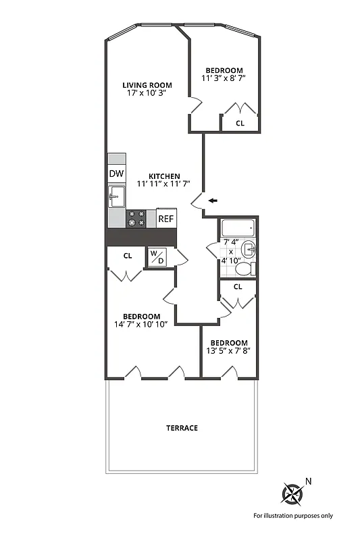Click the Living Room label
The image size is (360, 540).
(147, 85)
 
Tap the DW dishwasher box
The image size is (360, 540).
(116, 173)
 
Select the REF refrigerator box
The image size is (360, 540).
(166, 219)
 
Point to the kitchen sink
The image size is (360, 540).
(116, 198)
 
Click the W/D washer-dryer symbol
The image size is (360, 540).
(157, 257)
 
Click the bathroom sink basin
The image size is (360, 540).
(249, 249)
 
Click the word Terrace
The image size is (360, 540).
(182, 428)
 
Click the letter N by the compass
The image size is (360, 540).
(309, 481)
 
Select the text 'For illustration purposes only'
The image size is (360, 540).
(293, 516)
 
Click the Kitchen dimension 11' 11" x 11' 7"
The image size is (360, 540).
(163, 184)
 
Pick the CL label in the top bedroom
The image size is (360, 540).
(240, 123)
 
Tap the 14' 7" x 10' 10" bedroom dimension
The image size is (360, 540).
(141, 325)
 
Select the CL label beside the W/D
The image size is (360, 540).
(127, 256)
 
